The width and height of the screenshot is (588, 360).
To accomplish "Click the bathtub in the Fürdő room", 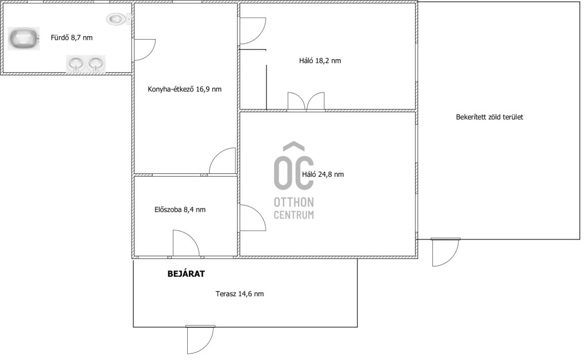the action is coord(24,38).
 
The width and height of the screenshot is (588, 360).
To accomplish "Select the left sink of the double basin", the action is coord(76,63).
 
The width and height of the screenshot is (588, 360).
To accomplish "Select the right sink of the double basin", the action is coord(96,63).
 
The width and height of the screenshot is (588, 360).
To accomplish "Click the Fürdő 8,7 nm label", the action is coord(72,37).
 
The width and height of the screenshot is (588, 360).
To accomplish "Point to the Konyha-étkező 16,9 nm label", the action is coord(184,89).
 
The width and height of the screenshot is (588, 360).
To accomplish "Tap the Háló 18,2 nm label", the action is coord(320,61).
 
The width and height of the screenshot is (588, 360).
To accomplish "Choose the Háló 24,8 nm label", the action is coord(323,175).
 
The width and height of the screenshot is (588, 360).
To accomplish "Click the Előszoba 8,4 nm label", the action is coord(180,210).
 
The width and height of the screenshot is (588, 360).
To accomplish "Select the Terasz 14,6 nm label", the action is coord(239,294).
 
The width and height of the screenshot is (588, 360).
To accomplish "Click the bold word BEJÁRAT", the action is coord(186,274).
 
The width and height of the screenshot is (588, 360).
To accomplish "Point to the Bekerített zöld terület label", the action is coord(489,117).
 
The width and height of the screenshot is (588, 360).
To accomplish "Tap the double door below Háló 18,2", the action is coord(306,102).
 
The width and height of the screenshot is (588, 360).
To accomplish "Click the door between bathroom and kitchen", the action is coord(144,49).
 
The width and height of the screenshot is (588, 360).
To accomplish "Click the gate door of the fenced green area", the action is coord(445,252).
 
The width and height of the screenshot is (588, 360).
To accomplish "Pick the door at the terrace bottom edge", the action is coord(200,339).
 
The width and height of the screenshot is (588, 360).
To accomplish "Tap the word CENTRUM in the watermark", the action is coord(293,215).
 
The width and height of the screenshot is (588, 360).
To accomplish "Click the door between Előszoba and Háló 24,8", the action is coord(253,218).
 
